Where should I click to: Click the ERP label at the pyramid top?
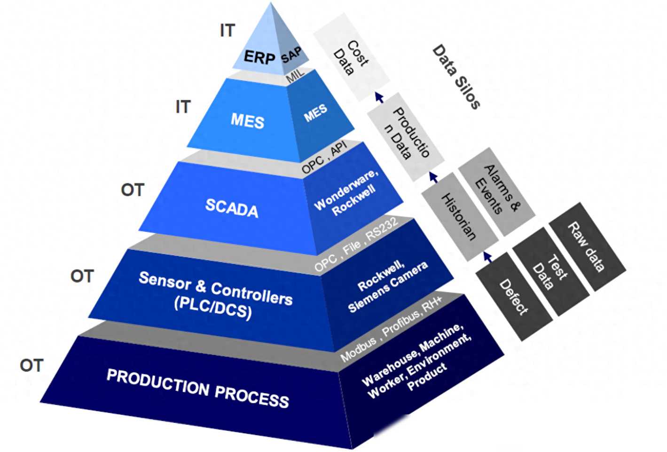pos(259,57)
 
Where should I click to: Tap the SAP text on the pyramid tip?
pos(291,55)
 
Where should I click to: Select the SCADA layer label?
pos(232,208)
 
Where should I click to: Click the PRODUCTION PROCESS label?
pos(198,388)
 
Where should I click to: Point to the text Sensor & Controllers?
pos(216,288)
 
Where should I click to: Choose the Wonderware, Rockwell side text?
pos(346,193)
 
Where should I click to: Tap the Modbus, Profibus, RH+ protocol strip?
pos(392,329)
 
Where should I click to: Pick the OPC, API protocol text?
pos(324,157)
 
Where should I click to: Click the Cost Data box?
pos(352,57)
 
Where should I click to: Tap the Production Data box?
pos(406,137)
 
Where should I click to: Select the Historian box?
pos(460,217)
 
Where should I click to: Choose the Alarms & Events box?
pos(497,191)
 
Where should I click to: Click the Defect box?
pos(514,296)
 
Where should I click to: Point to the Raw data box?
pos(587,247)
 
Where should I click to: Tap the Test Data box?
pos(551,272)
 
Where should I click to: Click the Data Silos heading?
pos(456,77)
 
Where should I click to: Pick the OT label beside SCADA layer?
pos(133,190)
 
